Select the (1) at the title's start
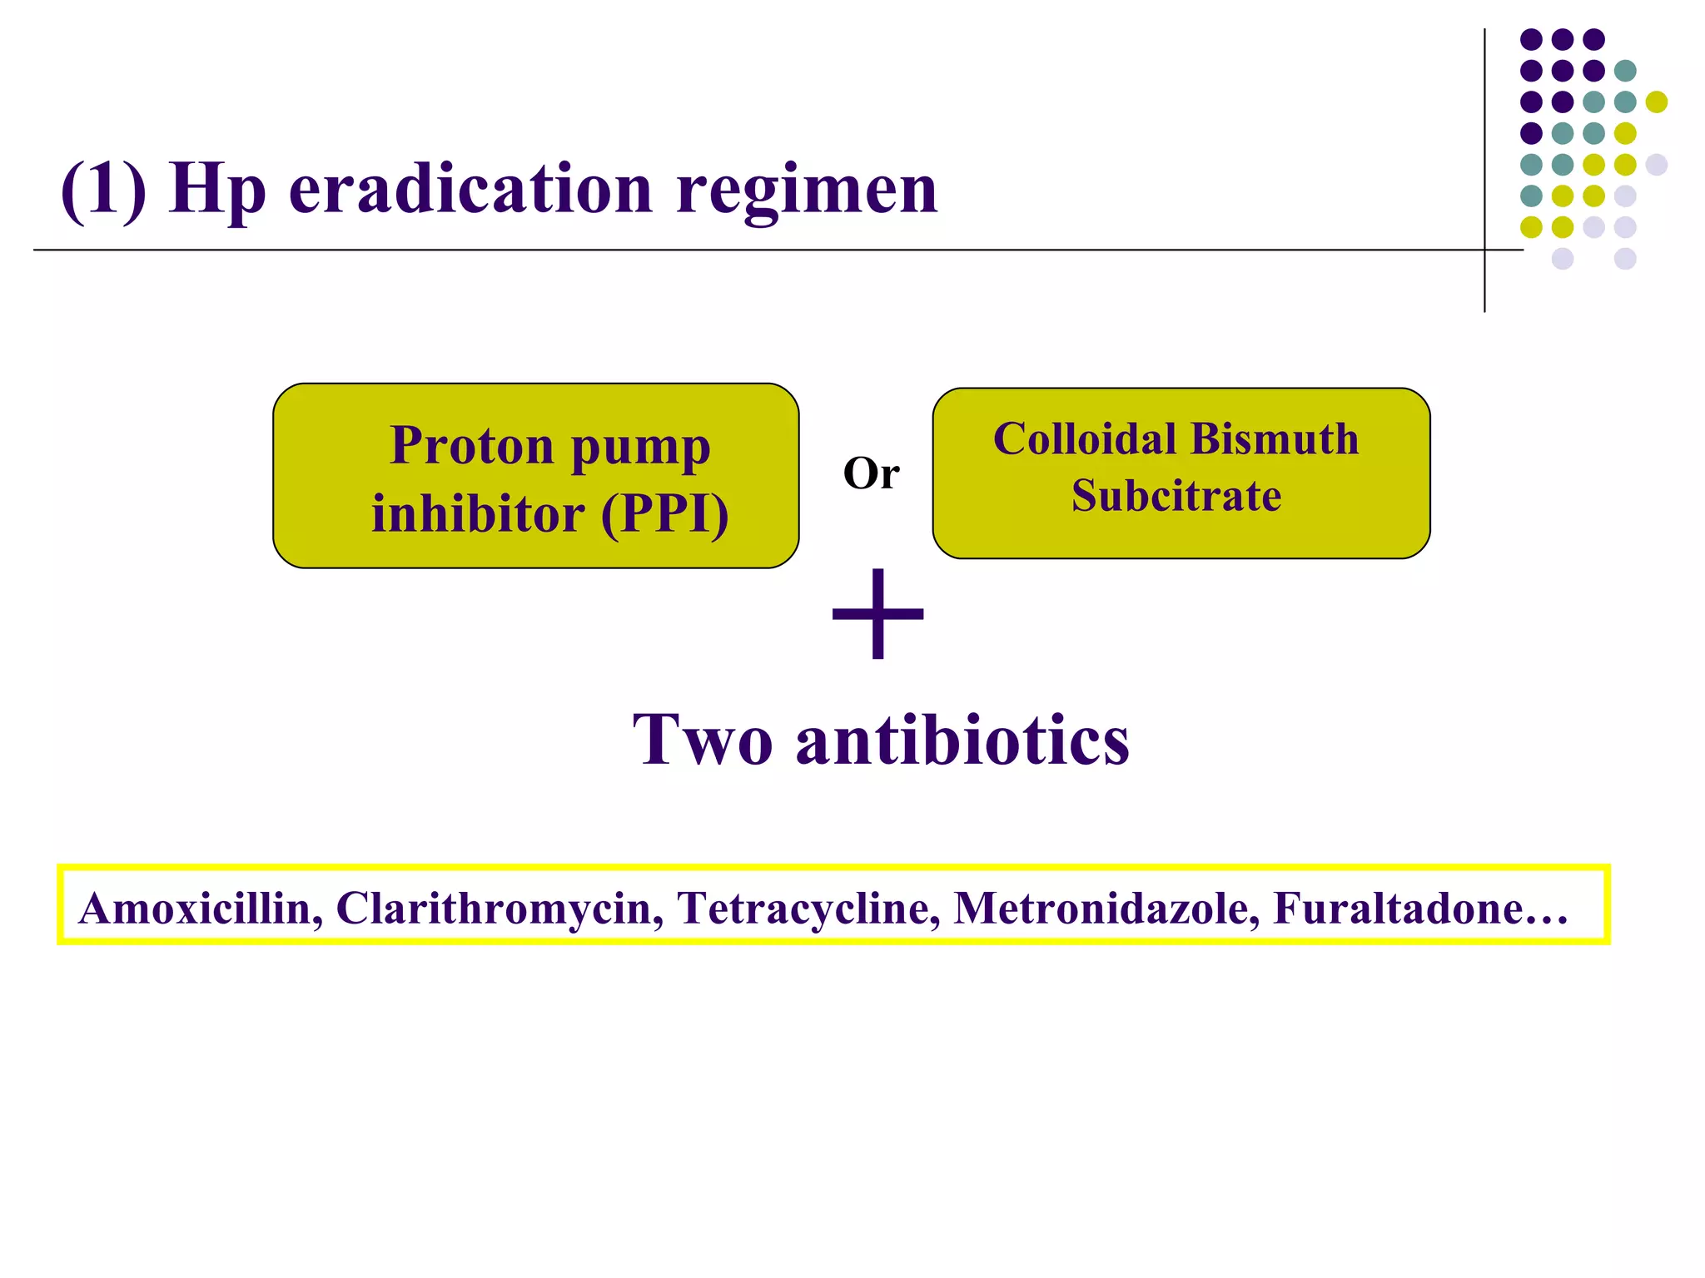click(x=103, y=190)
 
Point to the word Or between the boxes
click(x=871, y=474)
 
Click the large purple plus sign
click(x=877, y=614)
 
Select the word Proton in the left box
click(x=471, y=447)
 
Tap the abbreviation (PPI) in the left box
click(x=664, y=513)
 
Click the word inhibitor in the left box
click(x=478, y=513)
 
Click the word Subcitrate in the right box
click(x=1176, y=496)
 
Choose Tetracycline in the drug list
click(x=808, y=908)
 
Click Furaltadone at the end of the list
click(x=1399, y=908)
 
